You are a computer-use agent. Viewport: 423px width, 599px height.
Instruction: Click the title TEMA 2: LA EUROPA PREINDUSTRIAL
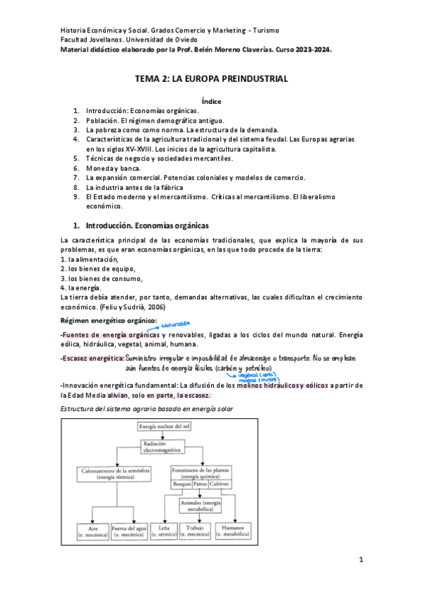(x=212, y=79)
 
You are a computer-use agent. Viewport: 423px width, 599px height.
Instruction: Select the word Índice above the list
(x=212, y=102)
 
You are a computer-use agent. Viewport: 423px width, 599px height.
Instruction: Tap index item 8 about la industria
(x=134, y=188)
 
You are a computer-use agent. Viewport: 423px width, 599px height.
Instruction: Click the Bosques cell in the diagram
(x=182, y=484)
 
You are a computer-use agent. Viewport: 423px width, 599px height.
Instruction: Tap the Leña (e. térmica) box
(x=165, y=531)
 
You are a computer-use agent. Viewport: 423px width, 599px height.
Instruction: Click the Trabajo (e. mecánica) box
(x=196, y=531)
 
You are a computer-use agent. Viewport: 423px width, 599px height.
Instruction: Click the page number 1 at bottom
(x=360, y=560)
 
